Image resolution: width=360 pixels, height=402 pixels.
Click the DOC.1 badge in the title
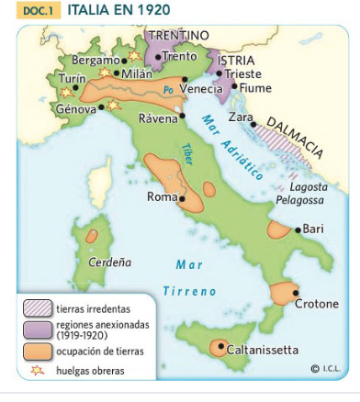click(x=36, y=10)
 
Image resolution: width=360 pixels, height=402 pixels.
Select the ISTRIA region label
click(x=237, y=59)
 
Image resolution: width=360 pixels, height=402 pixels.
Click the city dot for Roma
click(x=182, y=197)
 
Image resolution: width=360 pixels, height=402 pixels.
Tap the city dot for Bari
click(x=297, y=229)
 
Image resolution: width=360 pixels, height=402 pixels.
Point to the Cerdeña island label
click(x=109, y=262)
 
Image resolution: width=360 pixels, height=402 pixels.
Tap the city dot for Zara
click(x=254, y=124)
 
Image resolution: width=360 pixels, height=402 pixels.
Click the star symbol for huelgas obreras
click(x=38, y=370)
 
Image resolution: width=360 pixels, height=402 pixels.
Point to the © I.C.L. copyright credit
click(x=325, y=368)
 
